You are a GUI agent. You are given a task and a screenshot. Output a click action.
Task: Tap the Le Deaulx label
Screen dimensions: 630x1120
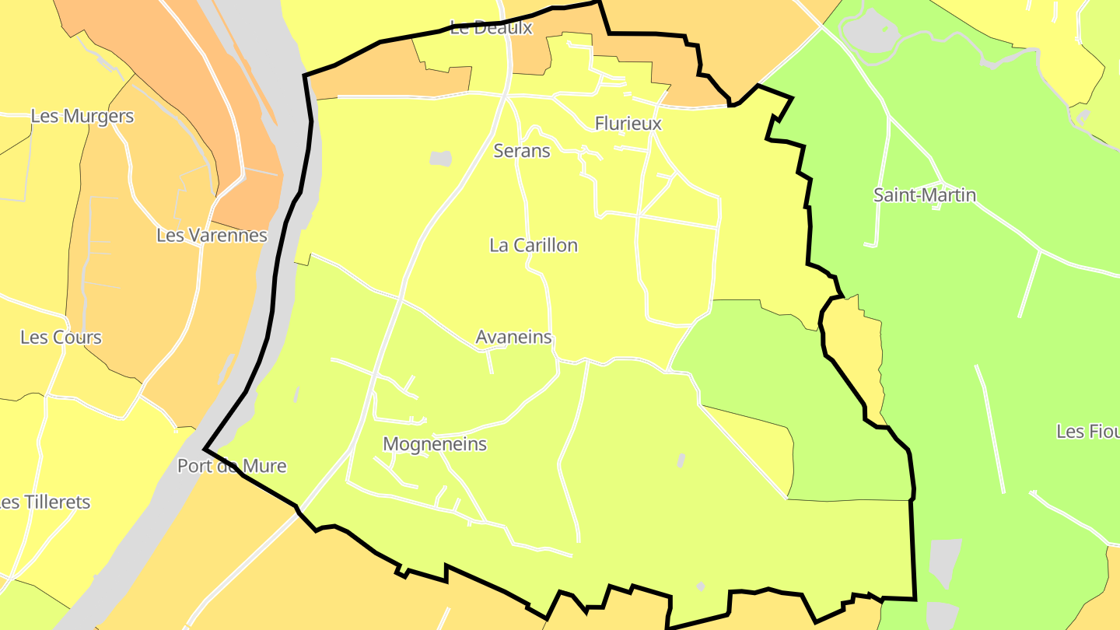[x=492, y=28]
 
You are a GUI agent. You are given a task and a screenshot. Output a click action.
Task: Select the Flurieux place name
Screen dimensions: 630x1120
[x=628, y=124]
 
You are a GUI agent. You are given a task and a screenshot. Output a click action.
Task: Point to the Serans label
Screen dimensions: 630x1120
[x=522, y=151]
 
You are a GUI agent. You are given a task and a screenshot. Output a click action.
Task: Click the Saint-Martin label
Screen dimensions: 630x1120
[x=925, y=195]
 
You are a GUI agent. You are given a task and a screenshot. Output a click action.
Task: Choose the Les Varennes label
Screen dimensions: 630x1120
[x=212, y=235]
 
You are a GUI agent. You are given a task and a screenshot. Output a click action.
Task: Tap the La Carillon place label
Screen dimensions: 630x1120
[x=534, y=246]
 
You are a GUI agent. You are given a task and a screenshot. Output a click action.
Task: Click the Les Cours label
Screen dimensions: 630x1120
[x=61, y=338]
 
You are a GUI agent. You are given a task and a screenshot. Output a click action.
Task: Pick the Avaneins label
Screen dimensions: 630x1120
[x=513, y=338]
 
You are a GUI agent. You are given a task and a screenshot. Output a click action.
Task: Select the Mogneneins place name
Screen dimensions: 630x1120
[x=435, y=444]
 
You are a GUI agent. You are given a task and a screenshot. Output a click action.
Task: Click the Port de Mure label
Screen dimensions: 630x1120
[x=232, y=467]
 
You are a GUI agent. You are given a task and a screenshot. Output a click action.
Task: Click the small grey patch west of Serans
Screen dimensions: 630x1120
[x=440, y=159]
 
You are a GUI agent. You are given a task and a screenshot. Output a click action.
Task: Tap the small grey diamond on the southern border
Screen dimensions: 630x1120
[x=700, y=586]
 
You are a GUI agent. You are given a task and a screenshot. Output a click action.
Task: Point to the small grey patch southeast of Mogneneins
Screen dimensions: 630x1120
[x=681, y=460]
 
